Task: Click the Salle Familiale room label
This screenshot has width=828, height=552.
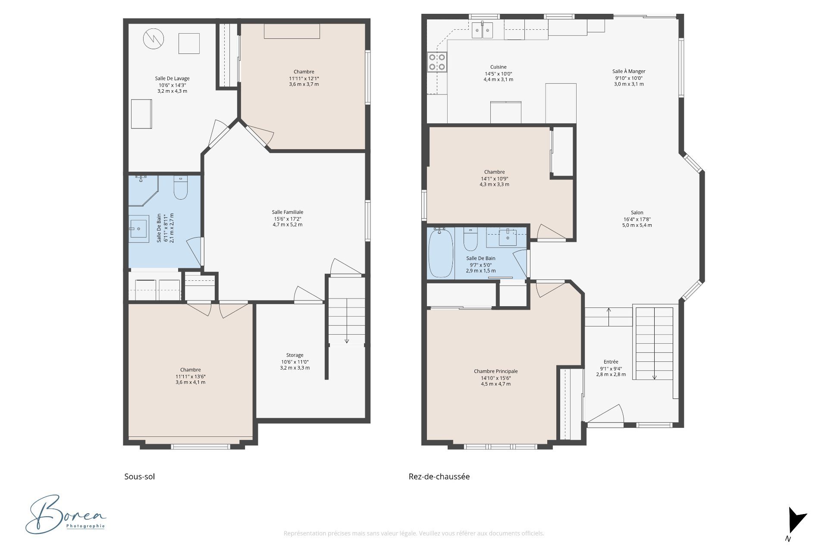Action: pyautogui.click(x=288, y=212)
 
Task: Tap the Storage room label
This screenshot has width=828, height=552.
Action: pyautogui.click(x=295, y=355)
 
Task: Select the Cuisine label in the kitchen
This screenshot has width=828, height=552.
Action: pyautogui.click(x=499, y=67)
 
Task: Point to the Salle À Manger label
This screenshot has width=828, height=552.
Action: pyautogui.click(x=629, y=71)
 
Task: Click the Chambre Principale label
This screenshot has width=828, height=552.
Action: pyautogui.click(x=496, y=371)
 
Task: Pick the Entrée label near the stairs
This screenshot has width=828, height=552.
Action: pyautogui.click(x=611, y=362)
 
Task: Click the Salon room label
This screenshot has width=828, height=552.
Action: pyautogui.click(x=637, y=213)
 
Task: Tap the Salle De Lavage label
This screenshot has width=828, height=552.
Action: pyautogui.click(x=172, y=78)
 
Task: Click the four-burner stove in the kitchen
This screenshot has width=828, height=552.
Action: pyautogui.click(x=437, y=62)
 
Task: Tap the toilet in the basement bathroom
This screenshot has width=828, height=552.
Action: pyautogui.click(x=181, y=188)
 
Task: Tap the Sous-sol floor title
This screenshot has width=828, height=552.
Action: pyautogui.click(x=139, y=477)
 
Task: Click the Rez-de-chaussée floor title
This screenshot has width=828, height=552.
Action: pyautogui.click(x=439, y=477)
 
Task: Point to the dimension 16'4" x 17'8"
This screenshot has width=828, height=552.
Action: pyautogui.click(x=637, y=219)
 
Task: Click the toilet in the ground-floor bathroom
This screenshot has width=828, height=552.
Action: pyautogui.click(x=470, y=239)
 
